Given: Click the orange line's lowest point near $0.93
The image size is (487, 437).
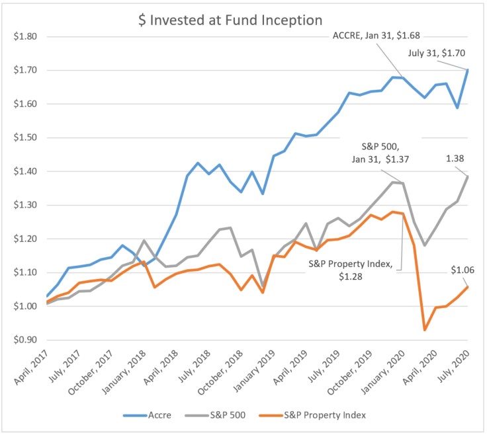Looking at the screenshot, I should (425, 329).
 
